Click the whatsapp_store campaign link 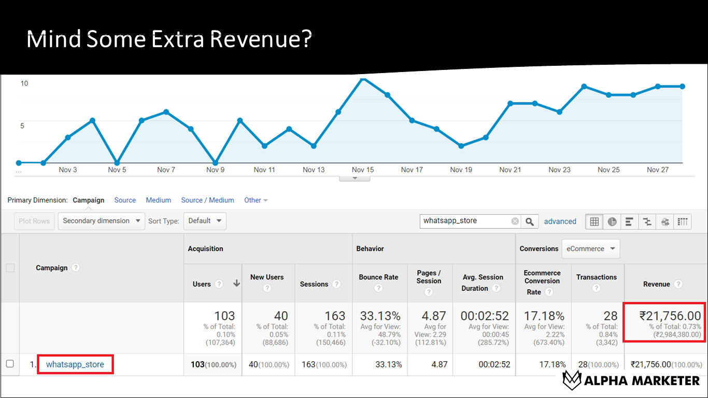pos(75,364)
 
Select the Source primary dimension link pos(125,200)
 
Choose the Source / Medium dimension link pos(207,200)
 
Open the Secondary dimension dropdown pos(101,221)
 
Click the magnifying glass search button pos(529,221)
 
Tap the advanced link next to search pos(560,221)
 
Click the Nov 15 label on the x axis pos(362,170)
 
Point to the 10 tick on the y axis pos(24,83)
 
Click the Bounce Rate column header pos(378,277)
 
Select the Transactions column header pos(596,277)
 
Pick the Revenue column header pos(656,284)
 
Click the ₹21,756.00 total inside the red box pos(670,316)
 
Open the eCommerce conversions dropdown pos(590,249)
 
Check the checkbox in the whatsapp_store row pos(10,364)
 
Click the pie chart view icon pos(612,222)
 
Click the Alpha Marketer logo pos(631,380)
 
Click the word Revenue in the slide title pos(257,40)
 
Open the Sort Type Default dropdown pos(205,221)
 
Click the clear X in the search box pos(515,221)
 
